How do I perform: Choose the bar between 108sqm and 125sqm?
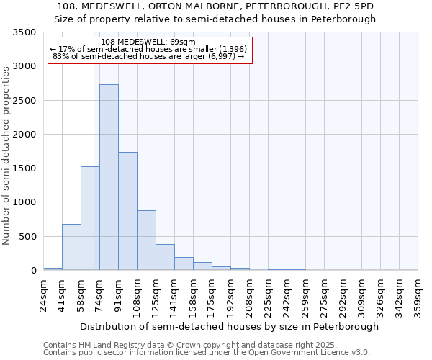coord(146,240)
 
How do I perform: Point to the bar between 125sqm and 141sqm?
coord(165,257)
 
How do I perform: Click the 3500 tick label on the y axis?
coord(24,33)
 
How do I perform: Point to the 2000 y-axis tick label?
coord(24,135)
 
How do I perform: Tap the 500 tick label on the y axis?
coord(27,237)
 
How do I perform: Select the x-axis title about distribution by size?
coord(229,326)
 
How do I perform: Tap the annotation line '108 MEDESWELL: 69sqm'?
coord(148,42)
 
